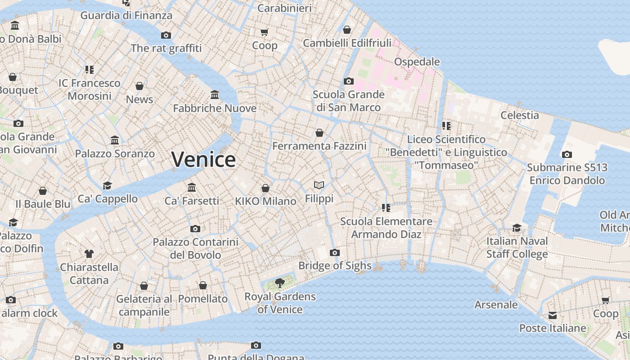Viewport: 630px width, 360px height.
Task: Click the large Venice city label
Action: pyautogui.click(x=203, y=159)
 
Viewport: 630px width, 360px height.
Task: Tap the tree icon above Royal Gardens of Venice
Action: pyautogui.click(x=280, y=283)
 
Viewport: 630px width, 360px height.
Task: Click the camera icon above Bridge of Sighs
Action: pyautogui.click(x=334, y=252)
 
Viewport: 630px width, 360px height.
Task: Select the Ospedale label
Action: pyautogui.click(x=417, y=62)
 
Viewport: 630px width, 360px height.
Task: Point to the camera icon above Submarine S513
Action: pyautogui.click(x=567, y=154)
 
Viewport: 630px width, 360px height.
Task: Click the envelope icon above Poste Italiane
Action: pyautogui.click(x=552, y=315)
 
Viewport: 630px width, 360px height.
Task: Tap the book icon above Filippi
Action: pyautogui.click(x=319, y=185)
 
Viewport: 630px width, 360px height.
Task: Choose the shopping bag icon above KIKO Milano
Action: pyautogui.click(x=265, y=188)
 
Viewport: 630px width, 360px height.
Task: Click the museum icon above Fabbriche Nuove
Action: pyautogui.click(x=215, y=95)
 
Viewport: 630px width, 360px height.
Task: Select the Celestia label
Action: pyautogui.click(x=520, y=115)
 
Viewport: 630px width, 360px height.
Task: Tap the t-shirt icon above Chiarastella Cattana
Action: pyautogui.click(x=89, y=254)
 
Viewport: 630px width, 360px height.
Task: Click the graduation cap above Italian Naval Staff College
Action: pyautogui.click(x=517, y=228)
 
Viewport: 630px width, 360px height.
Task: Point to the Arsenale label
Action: pyautogui.click(x=496, y=305)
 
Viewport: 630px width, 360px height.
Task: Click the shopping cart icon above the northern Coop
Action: pyautogui.click(x=265, y=32)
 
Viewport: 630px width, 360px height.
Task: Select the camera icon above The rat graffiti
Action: pyautogui.click(x=166, y=35)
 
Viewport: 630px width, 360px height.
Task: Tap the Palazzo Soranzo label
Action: pyautogui.click(x=115, y=153)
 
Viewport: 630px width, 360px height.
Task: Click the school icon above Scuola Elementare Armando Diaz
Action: pyautogui.click(x=386, y=207)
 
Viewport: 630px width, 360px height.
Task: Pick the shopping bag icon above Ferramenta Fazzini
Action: pyautogui.click(x=319, y=133)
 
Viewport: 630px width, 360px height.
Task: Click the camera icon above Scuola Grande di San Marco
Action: pyautogui.click(x=348, y=81)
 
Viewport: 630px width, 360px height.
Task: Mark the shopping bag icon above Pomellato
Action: pyautogui.click(x=203, y=285)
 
